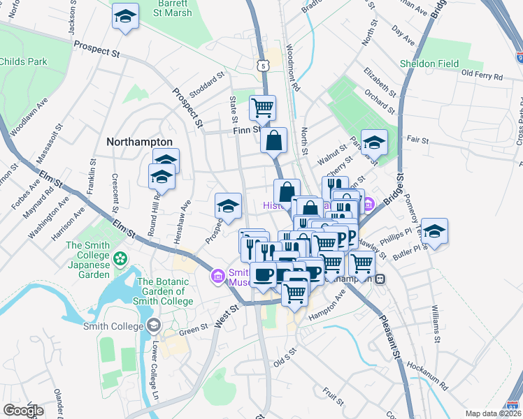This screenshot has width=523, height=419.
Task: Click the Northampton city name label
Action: pyautogui.click(x=139, y=142)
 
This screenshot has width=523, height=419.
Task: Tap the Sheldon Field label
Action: pyautogui.click(x=429, y=64)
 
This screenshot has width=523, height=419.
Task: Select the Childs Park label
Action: pyautogui.click(x=24, y=62)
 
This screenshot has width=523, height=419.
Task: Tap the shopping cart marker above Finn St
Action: pyautogui.click(x=262, y=108)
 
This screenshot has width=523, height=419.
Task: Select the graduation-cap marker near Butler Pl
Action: pyautogui.click(x=434, y=231)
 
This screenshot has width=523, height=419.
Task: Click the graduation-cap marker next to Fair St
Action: pyautogui.click(x=374, y=142)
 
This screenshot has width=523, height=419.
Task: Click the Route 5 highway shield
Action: pyautogui.click(x=261, y=65)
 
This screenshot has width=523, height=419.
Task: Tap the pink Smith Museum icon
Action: pyautogui.click(x=218, y=277)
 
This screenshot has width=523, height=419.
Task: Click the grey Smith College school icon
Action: pyautogui.click(x=153, y=325)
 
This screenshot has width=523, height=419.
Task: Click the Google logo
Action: pyautogui.click(x=23, y=411)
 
